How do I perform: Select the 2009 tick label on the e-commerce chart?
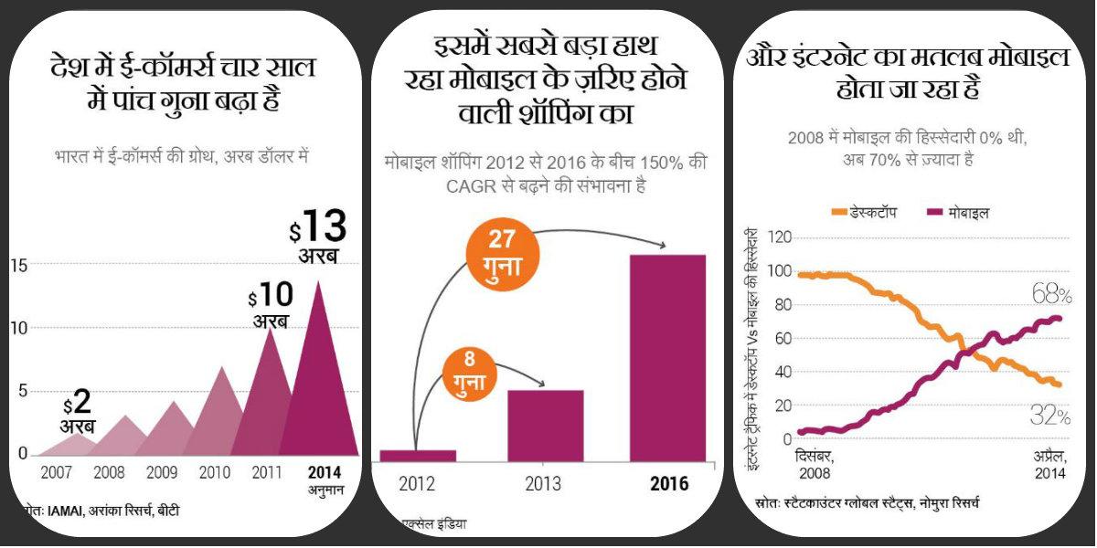(x=163, y=474)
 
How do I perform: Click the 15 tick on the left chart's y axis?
(x=18, y=265)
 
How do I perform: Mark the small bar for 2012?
(x=418, y=455)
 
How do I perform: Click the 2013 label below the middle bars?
(x=543, y=484)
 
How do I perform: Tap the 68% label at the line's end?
(x=1051, y=294)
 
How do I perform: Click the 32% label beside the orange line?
(x=1050, y=416)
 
